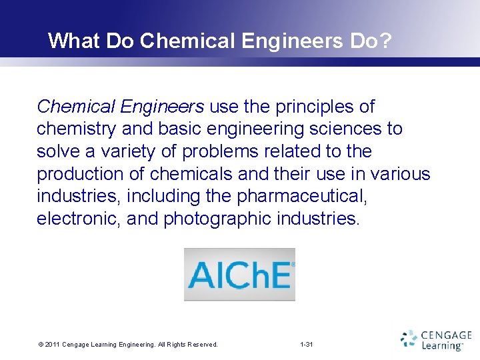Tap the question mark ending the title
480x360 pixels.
tap(386, 41)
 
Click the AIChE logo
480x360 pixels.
tap(240, 275)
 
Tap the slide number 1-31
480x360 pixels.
tap(307, 344)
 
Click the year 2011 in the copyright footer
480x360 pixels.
tap(52, 344)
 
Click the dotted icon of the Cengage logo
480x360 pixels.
tap(409, 339)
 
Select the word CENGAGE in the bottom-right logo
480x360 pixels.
tap(447, 335)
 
